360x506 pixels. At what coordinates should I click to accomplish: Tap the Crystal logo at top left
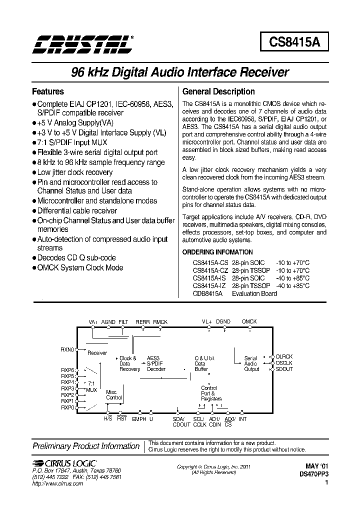(x=82, y=44)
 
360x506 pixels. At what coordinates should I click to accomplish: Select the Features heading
(x=48, y=92)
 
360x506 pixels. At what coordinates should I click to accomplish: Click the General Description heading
(x=218, y=92)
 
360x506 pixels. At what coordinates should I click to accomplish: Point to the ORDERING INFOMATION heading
(x=217, y=252)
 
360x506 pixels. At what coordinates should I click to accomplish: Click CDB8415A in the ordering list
(x=207, y=293)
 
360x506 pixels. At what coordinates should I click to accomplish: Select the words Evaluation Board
(x=254, y=293)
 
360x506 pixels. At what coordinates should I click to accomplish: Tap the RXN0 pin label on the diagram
(x=67, y=349)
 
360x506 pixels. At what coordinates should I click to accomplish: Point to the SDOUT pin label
(x=284, y=369)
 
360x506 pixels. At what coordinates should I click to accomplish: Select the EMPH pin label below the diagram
(x=139, y=419)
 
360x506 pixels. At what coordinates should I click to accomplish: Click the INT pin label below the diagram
(x=243, y=419)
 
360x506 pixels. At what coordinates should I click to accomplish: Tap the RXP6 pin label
(x=67, y=369)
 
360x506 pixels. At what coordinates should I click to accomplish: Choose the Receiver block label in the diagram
(x=97, y=353)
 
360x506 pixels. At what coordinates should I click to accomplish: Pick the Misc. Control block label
(x=113, y=394)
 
